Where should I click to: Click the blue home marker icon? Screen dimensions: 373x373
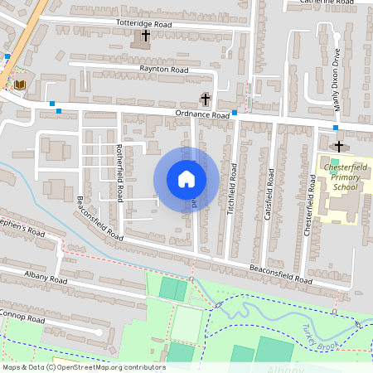tap(186, 178)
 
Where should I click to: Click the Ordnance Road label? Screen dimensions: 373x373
tap(201, 115)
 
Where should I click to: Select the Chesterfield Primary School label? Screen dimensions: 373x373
tap(339, 177)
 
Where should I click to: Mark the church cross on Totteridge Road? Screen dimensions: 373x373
tap(146, 36)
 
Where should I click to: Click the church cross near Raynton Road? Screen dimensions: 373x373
tap(206, 99)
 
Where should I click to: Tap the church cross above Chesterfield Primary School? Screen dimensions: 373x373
tap(338, 146)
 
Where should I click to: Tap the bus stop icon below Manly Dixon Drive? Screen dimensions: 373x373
tap(335, 128)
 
